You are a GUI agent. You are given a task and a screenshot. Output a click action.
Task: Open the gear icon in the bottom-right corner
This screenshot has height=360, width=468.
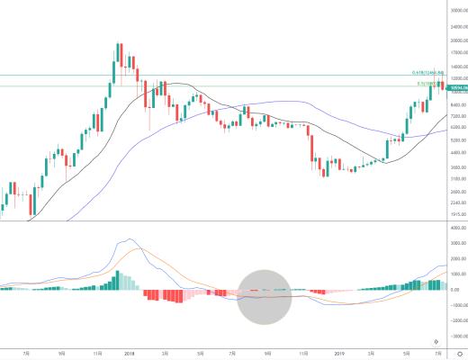tap(459, 353)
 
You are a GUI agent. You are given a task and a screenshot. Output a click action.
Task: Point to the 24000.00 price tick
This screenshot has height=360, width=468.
tap(458, 27)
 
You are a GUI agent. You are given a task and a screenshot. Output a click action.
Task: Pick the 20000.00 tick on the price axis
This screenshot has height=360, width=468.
tap(458, 40)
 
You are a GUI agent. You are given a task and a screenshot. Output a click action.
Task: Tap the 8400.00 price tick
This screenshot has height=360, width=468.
tap(458, 104)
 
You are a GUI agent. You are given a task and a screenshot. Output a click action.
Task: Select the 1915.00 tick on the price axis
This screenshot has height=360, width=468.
tap(458, 214)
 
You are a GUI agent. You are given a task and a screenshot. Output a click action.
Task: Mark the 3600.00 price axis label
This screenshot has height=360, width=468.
tap(458, 167)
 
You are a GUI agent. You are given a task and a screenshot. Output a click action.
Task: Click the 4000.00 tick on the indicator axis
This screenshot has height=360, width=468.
tap(458, 228)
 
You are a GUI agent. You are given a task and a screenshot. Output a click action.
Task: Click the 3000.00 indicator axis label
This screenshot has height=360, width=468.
tap(458, 243)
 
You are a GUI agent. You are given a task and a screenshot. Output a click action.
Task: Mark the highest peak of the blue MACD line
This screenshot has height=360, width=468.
tap(129, 238)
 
